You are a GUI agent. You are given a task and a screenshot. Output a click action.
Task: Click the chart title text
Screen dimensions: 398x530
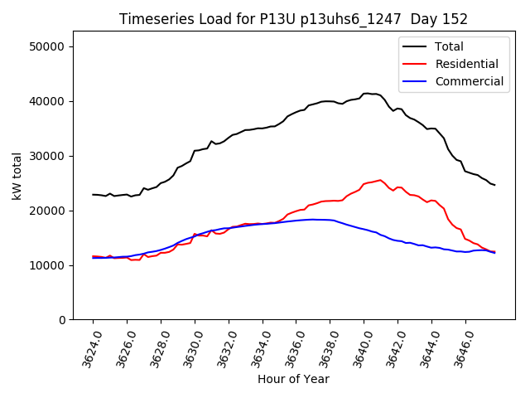tap(293, 19)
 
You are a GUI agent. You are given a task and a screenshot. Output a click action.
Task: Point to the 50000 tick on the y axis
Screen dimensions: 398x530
tap(48, 46)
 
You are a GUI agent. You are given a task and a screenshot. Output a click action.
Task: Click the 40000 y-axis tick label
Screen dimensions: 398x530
tap(48, 101)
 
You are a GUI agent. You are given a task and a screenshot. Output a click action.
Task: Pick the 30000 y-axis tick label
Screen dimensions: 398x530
tap(48, 156)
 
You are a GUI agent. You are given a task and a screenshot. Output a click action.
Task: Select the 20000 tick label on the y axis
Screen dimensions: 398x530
tap(48, 211)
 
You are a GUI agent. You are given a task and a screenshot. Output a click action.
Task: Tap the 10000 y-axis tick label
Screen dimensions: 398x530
tap(48, 265)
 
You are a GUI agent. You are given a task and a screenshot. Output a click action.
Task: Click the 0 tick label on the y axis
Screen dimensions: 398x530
tap(62, 320)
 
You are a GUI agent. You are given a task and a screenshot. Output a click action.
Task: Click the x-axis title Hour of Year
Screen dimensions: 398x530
tap(293, 380)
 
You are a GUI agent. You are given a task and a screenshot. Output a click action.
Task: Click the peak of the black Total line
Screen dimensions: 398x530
tap(367, 94)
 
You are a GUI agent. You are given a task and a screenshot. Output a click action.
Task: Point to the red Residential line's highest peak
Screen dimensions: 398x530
tap(380, 180)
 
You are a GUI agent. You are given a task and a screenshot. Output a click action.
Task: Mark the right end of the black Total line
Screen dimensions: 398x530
tap(494, 185)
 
